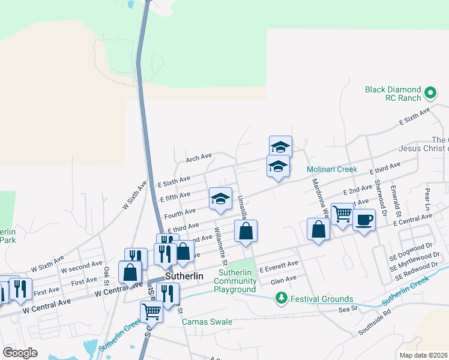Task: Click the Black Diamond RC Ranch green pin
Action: point(430,93)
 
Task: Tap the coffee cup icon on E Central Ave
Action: point(364,220)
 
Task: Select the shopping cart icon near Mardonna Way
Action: point(342,214)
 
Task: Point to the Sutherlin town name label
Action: point(184,277)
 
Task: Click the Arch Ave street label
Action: point(199,158)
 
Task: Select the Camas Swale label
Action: point(207,322)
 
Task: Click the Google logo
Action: point(20,353)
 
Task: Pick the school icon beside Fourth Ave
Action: point(220,199)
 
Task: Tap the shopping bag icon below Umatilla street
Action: point(246,231)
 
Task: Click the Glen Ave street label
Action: point(284,279)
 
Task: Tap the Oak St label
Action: point(106,272)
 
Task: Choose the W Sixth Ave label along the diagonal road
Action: point(134,196)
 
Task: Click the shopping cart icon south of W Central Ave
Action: point(152,311)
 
